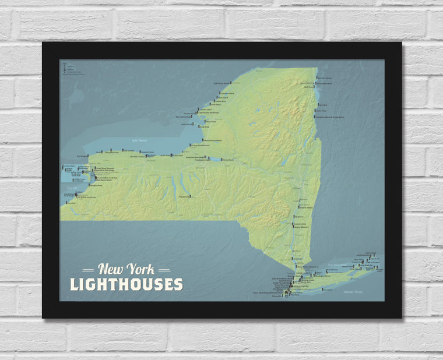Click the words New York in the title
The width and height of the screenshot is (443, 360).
(x=126, y=269)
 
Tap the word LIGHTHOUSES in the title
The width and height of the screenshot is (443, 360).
(x=126, y=284)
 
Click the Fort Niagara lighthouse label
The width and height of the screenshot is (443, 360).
(x=82, y=156)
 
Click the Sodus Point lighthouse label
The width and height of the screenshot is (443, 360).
(x=165, y=155)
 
